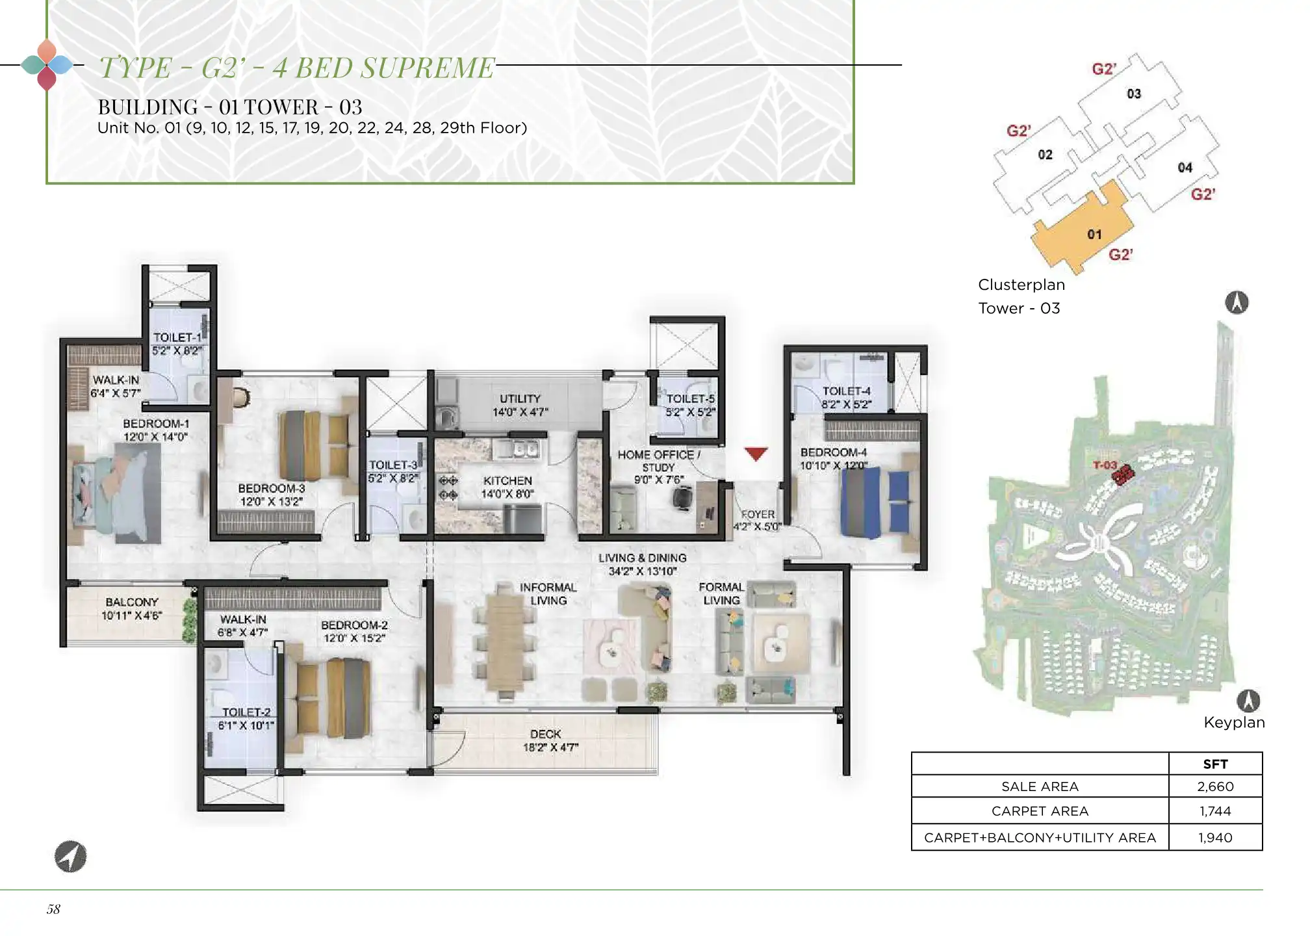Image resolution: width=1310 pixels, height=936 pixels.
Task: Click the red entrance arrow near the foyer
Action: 756,454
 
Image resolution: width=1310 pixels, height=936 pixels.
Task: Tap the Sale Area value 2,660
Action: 1215,786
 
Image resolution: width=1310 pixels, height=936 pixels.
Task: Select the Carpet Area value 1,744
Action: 1215,811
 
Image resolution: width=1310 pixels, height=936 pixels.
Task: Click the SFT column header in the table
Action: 1215,764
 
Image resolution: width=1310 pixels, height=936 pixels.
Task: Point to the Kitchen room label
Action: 507,481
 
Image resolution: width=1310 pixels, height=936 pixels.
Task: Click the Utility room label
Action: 520,398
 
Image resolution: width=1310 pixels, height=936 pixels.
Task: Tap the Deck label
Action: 546,734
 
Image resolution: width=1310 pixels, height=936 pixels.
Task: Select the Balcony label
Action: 132,603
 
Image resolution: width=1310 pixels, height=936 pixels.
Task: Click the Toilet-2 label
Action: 246,712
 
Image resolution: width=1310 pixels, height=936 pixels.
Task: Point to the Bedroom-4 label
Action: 834,452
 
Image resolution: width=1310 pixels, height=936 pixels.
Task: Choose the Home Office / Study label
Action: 659,461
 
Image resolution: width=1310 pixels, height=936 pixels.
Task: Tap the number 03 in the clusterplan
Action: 1134,94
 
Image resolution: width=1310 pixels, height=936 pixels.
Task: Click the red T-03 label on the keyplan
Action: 1105,465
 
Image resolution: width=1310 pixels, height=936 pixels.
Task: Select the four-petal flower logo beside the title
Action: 47,64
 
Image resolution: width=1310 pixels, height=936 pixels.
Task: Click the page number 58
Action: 53,909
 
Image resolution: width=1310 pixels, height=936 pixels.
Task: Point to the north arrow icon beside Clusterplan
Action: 1237,302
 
